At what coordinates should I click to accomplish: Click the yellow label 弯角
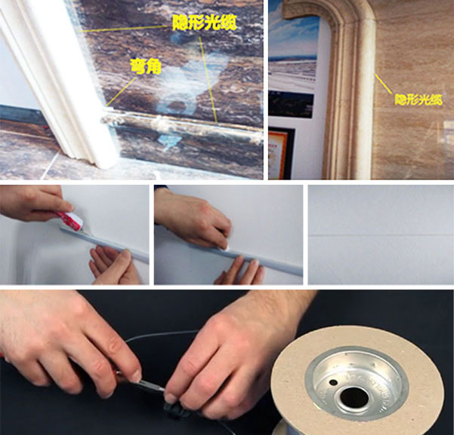coord(146,67)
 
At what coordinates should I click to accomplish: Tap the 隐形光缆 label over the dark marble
coord(205,23)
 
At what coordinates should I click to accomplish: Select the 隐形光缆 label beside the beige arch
coord(418,100)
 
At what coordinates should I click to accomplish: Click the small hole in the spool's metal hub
coord(333,383)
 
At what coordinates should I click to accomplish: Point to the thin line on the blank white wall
coord(381,235)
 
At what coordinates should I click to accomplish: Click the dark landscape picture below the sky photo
coord(291,105)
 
